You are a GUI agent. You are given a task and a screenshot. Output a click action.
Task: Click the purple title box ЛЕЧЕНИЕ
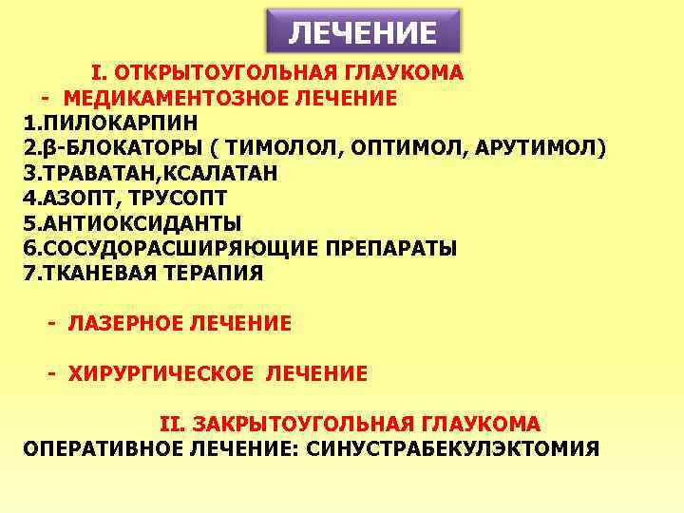point(362,32)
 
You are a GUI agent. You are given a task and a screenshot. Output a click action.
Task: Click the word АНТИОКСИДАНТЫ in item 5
point(130,223)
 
